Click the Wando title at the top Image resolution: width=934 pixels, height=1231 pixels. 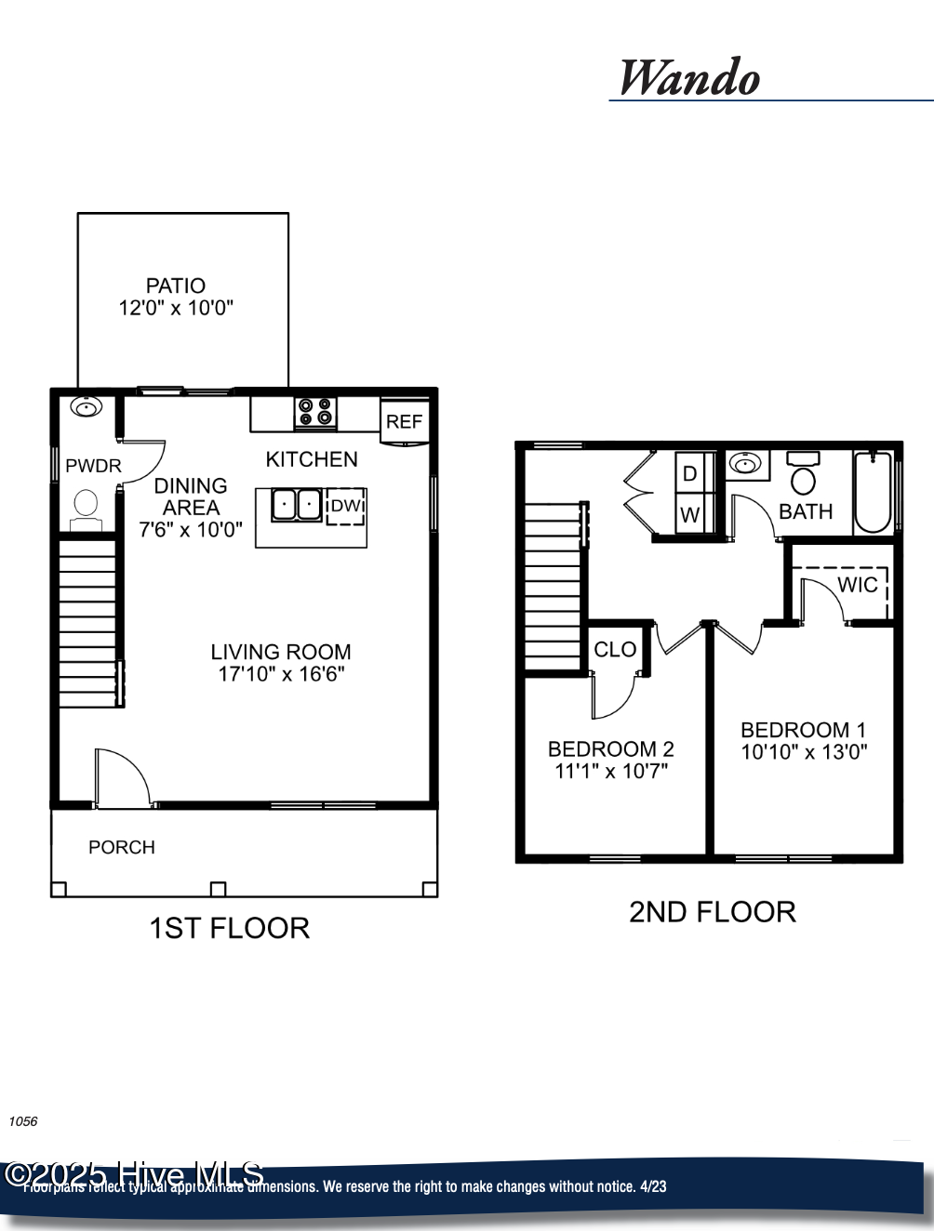tap(689, 78)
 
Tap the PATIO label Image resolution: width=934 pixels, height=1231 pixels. tap(176, 285)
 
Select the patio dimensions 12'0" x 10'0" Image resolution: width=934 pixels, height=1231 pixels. tap(176, 308)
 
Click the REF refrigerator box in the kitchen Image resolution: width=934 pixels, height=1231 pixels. tap(405, 421)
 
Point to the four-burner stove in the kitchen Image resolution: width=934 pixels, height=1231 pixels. tap(315, 412)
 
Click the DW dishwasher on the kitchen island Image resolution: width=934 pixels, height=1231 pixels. tap(345, 506)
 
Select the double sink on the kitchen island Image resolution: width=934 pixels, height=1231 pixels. tap(297, 505)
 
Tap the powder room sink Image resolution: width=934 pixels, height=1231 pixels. tap(87, 407)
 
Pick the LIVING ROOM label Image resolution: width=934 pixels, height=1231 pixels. tap(281, 652)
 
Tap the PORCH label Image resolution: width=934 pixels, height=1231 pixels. tap(122, 847)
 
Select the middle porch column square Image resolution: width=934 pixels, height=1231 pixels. tap(218, 889)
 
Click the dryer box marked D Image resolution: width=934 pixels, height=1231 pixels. tap(690, 473)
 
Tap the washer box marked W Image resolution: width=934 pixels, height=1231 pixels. tap(690, 514)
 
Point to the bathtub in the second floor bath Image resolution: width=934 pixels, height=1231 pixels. tap(873, 492)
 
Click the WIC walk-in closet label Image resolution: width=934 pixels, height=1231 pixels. tap(857, 585)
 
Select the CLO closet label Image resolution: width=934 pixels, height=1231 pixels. tap(615, 650)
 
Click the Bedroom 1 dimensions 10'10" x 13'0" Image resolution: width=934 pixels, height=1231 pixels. tap(804, 752)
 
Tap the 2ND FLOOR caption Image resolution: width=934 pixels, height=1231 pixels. tap(713, 912)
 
